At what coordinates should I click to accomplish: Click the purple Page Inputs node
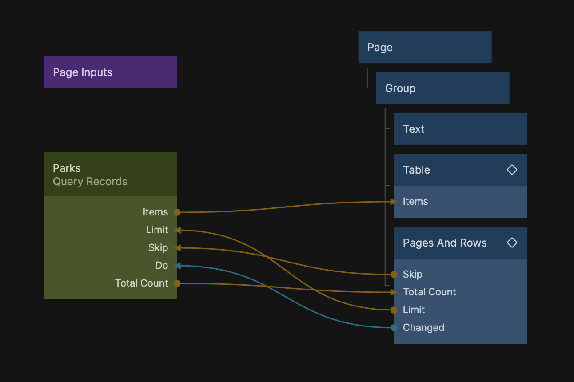[110, 72]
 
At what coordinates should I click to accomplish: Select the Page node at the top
[424, 47]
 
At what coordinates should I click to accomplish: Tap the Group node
[442, 88]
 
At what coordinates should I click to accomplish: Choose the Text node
[460, 129]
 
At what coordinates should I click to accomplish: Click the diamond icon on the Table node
[512, 170]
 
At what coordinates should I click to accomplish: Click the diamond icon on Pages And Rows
[512, 243]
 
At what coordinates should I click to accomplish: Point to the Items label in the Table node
[415, 202]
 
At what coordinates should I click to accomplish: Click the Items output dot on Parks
[177, 212]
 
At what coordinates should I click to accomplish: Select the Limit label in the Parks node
[157, 230]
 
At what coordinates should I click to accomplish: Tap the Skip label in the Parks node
[158, 248]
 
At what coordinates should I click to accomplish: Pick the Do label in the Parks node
[162, 266]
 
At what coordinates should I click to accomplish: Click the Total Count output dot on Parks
[177, 283]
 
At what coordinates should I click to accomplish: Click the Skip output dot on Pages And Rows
[394, 275]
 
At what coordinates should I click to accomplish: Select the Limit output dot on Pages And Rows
[394, 310]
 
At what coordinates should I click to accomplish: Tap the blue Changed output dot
[394, 328]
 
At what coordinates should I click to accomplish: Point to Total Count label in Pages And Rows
[429, 292]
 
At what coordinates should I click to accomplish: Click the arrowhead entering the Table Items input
[393, 202]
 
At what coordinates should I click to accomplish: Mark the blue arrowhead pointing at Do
[177, 266]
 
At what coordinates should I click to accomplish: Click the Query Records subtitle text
[90, 182]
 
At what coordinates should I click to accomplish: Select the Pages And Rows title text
[445, 243]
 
